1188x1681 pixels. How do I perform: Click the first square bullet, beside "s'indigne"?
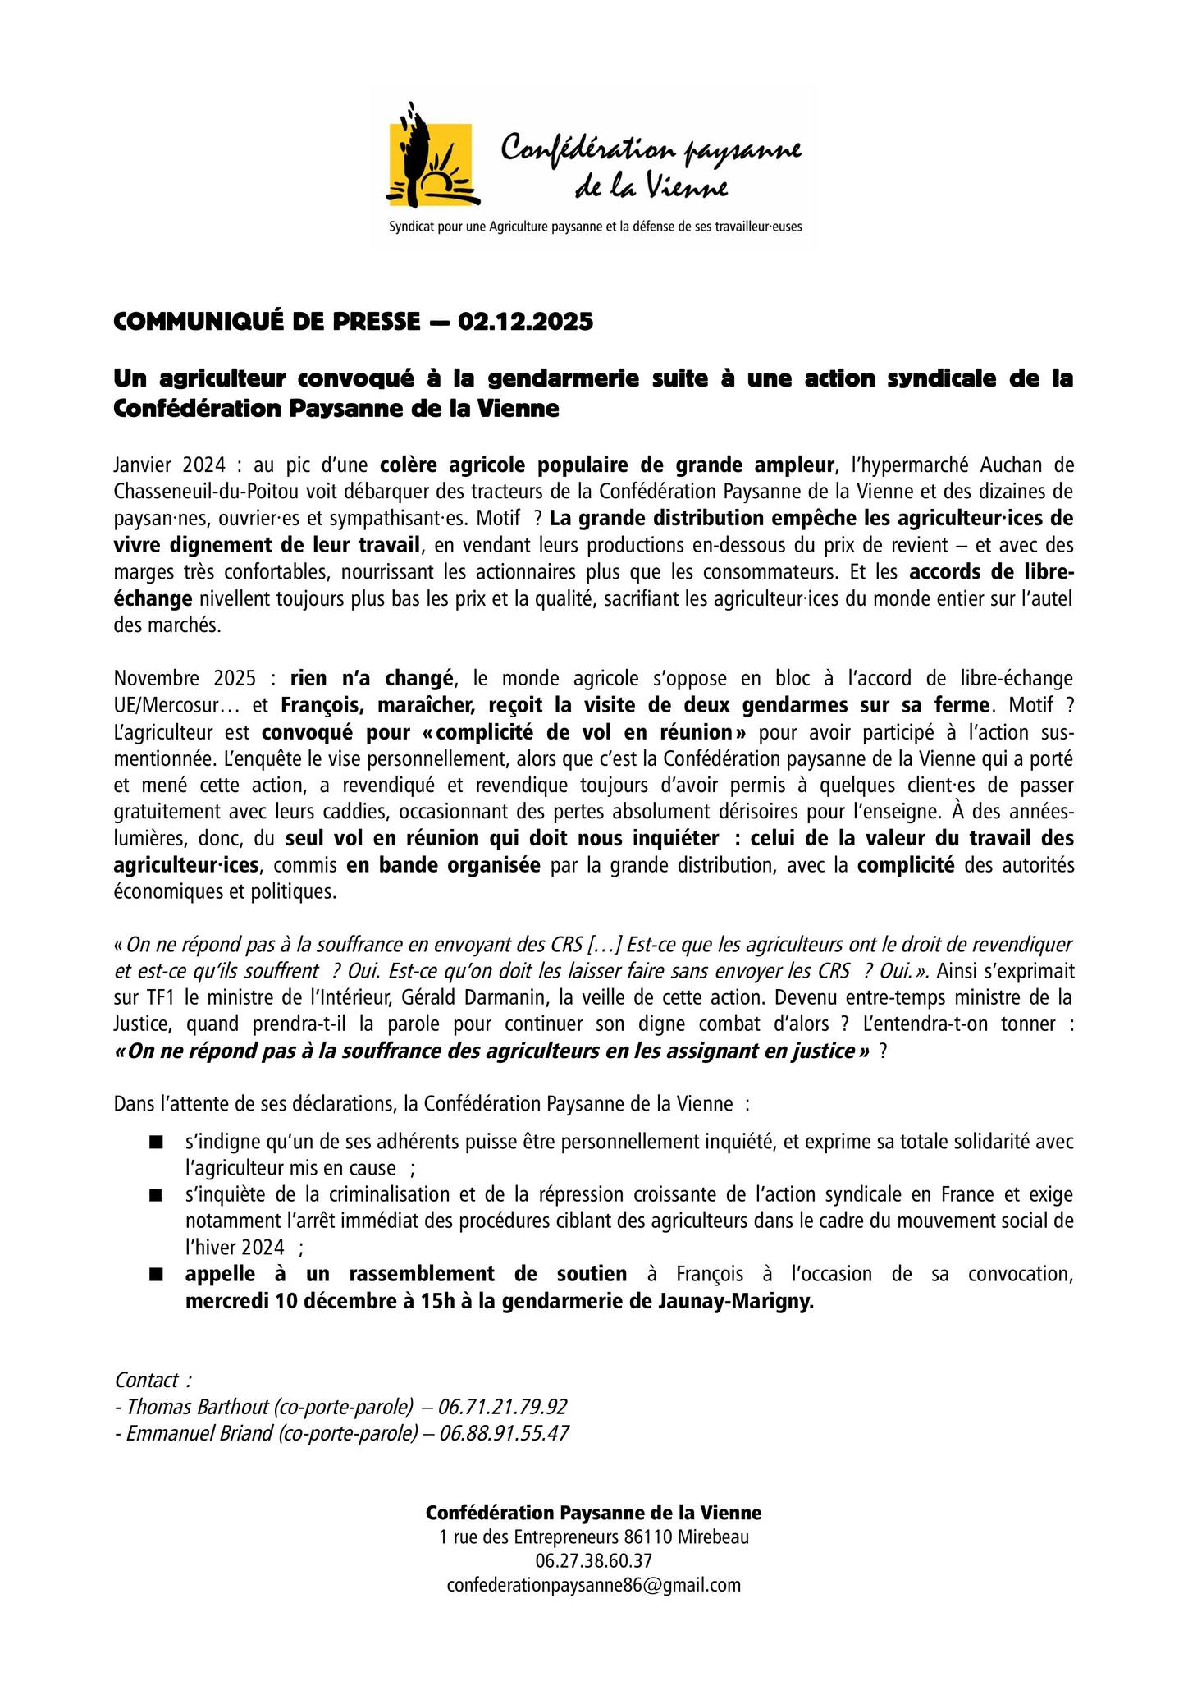pyautogui.click(x=155, y=1142)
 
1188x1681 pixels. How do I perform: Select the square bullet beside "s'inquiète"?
pyautogui.click(x=155, y=1195)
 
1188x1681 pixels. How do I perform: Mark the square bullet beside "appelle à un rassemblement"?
pyautogui.click(x=155, y=1275)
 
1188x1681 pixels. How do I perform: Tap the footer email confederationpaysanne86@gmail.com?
pyautogui.click(x=594, y=1585)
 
